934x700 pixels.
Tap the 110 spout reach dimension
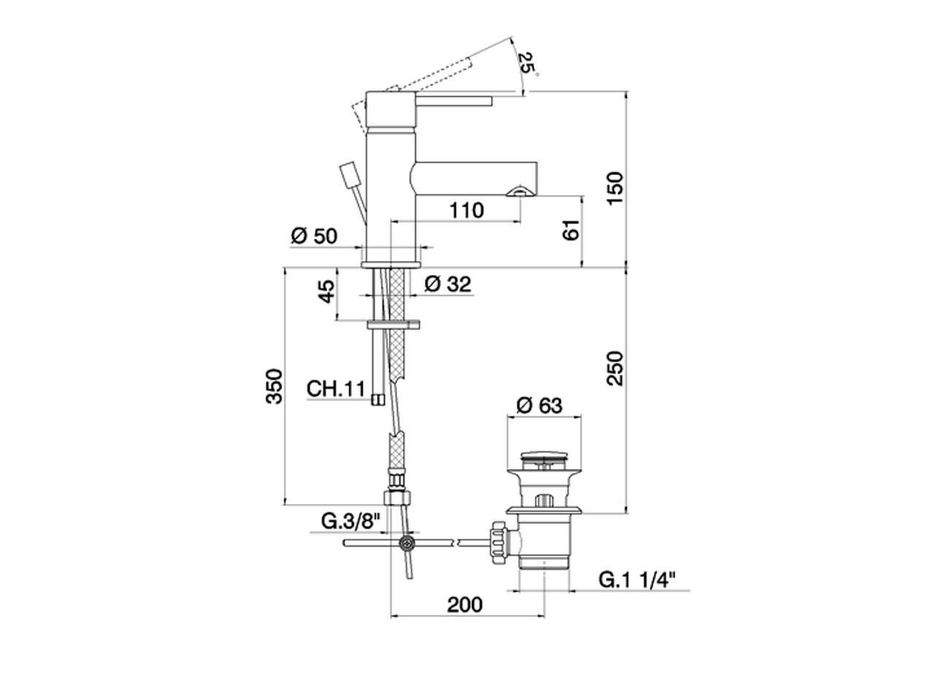467,210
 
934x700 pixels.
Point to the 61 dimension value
571,230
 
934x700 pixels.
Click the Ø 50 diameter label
314,236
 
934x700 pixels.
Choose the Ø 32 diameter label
448,284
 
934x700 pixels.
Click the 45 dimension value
327,291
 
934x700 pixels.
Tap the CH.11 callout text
336,389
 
